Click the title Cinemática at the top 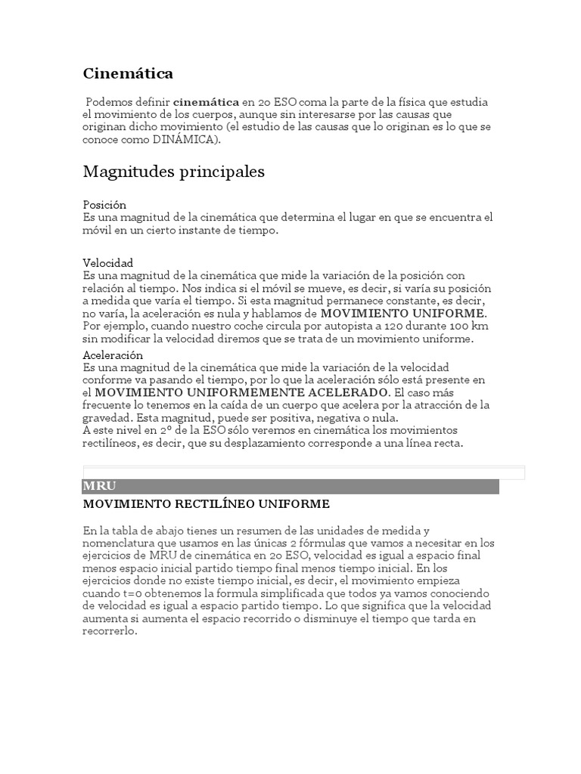(128, 73)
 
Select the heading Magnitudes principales (173, 172)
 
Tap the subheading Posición (104, 205)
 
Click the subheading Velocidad (107, 263)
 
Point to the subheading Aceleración (113, 355)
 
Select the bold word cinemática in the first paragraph (206, 102)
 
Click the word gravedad (105, 418)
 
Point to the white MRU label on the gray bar (99, 486)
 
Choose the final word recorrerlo (110, 632)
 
